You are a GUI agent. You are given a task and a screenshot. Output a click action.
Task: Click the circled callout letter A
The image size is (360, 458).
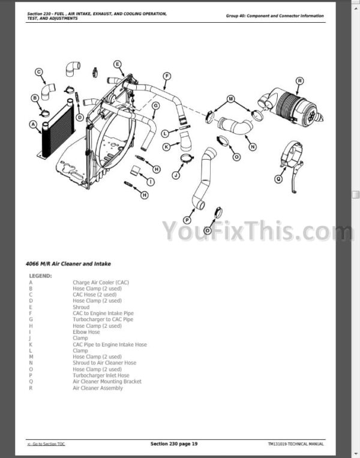point(33,125)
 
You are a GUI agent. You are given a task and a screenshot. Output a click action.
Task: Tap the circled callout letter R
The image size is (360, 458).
point(299,81)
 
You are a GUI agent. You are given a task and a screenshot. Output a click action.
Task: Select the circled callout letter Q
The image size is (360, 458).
point(278,179)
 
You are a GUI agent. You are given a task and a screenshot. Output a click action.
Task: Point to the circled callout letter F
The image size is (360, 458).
point(167,76)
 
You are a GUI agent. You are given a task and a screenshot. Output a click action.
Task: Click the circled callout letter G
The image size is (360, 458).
point(155,106)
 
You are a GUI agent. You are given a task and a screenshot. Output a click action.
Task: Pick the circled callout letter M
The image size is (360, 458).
point(230,98)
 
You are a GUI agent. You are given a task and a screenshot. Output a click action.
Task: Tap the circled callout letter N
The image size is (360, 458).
point(253,147)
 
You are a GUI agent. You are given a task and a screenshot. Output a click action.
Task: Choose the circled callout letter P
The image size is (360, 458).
point(187,220)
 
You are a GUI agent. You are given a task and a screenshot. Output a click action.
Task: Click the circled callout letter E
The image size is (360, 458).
point(117,64)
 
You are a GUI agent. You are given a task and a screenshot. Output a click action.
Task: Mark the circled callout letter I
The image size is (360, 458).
point(151,182)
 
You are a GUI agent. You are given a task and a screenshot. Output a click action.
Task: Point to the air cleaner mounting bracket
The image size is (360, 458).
point(292,166)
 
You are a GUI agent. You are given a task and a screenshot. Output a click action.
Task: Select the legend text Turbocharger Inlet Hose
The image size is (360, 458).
point(101,375)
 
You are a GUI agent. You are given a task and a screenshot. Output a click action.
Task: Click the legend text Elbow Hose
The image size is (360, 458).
point(86,332)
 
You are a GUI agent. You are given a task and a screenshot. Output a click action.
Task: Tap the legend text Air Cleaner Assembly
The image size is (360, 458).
point(98,388)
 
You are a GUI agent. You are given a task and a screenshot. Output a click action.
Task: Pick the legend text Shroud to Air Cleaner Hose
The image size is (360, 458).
point(104,363)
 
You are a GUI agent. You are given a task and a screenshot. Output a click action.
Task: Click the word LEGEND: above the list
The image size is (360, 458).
point(40,276)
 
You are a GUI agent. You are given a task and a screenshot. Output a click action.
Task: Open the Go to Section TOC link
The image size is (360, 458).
point(46,444)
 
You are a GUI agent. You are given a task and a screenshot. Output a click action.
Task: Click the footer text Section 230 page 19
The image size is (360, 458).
point(174,444)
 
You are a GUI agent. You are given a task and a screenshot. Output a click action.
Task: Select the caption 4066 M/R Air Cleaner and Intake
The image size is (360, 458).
point(68,264)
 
